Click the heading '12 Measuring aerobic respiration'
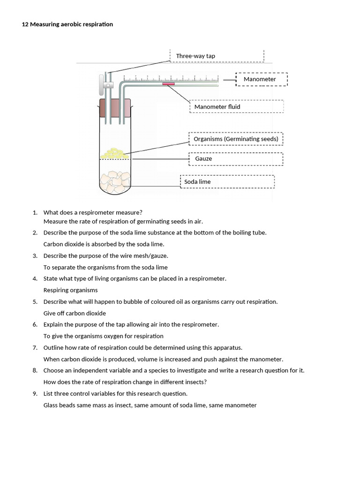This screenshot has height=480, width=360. click(67, 24)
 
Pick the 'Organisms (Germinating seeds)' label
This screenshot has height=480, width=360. click(236, 139)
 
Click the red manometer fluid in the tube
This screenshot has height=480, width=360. click(169, 84)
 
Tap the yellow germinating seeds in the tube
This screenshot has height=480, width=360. click(114, 153)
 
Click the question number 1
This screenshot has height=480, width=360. click(35, 213)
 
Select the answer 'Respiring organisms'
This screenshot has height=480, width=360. click(70, 290)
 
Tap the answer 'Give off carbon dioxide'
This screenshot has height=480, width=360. click(75, 313)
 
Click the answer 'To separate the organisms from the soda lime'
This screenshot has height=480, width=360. click(105, 267)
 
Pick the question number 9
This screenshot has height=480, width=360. click(35, 394)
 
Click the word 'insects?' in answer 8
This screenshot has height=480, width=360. click(195, 382)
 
